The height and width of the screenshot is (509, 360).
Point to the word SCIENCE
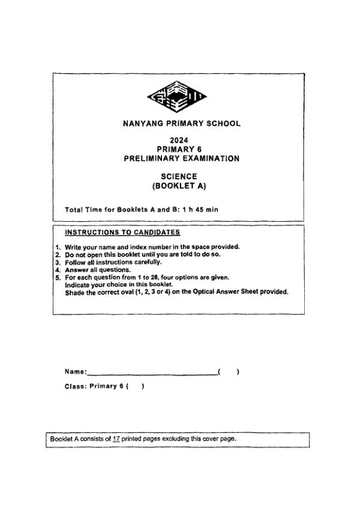point(180,176)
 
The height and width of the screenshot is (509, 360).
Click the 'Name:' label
point(76,372)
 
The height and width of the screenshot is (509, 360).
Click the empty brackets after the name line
point(229,372)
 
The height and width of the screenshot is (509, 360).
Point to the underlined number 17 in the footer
point(116,439)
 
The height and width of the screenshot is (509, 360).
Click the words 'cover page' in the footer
point(218,439)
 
